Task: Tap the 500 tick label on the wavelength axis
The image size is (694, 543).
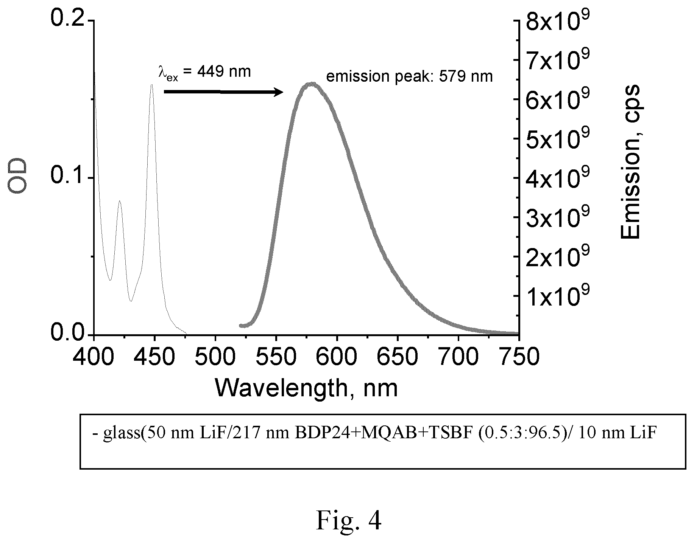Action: (215, 357)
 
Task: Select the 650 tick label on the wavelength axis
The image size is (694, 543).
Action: (398, 357)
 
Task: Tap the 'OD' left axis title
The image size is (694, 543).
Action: (18, 176)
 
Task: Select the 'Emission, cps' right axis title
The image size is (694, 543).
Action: (630, 161)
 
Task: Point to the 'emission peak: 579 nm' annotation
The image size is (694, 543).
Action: (409, 76)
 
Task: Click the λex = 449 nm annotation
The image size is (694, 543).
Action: (204, 72)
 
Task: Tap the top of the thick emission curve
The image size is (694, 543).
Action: (311, 84)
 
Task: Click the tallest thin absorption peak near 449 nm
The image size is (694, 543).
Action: (151, 85)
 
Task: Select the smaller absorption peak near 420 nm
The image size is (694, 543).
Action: (120, 202)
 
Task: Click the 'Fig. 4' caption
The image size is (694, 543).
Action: (349, 521)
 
